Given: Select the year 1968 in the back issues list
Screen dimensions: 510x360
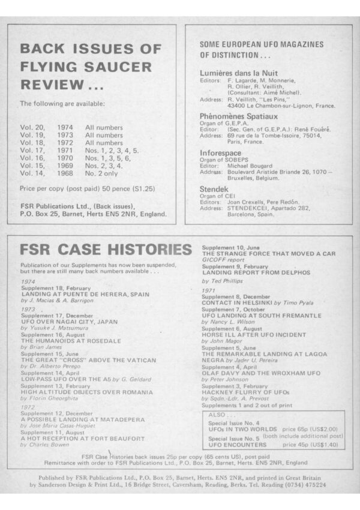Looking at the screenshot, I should pos(65,173).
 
